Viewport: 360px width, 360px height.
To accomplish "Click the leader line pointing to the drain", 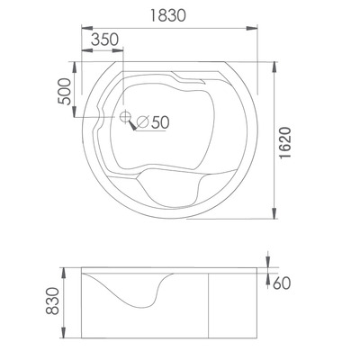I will click(x=135, y=126).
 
